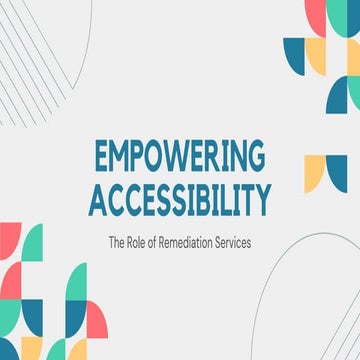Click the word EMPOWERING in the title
[x=180, y=159]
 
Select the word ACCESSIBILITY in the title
[x=180, y=199]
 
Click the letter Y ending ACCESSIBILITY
[x=263, y=199]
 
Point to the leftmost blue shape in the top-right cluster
[x=294, y=55]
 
